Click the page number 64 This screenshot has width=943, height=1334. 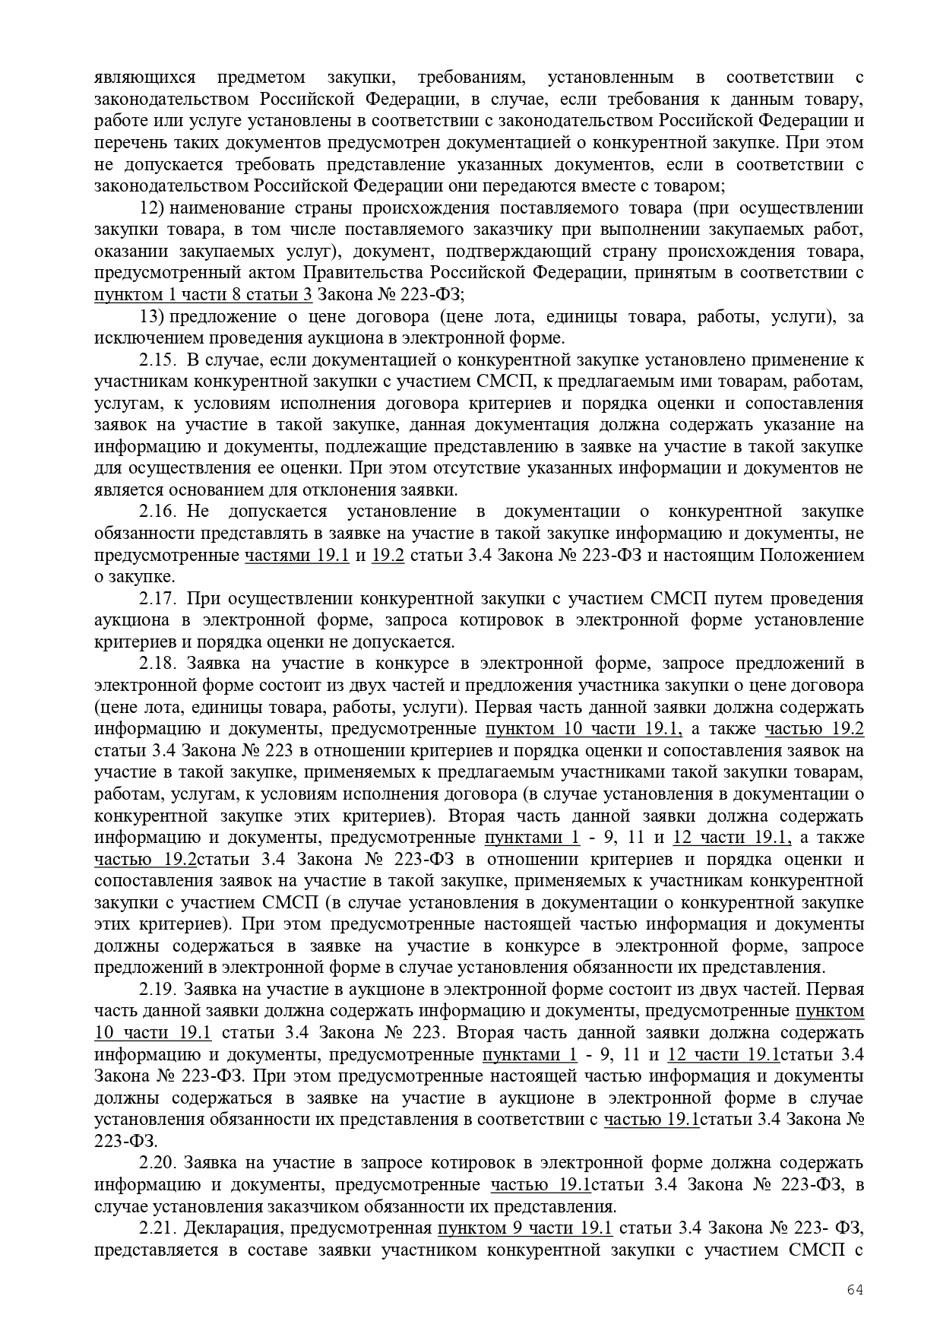855,1290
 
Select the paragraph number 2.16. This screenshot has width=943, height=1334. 158,512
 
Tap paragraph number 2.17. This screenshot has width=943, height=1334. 158,599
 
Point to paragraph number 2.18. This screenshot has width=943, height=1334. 158,664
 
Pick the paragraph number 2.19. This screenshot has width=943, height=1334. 158,990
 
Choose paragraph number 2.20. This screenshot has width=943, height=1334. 158,1163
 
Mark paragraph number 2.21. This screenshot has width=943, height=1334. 158,1228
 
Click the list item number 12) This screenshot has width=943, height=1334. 154,208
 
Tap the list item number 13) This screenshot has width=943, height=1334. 154,316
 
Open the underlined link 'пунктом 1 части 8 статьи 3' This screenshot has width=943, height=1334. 203,295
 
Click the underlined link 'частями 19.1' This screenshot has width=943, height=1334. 296,556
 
